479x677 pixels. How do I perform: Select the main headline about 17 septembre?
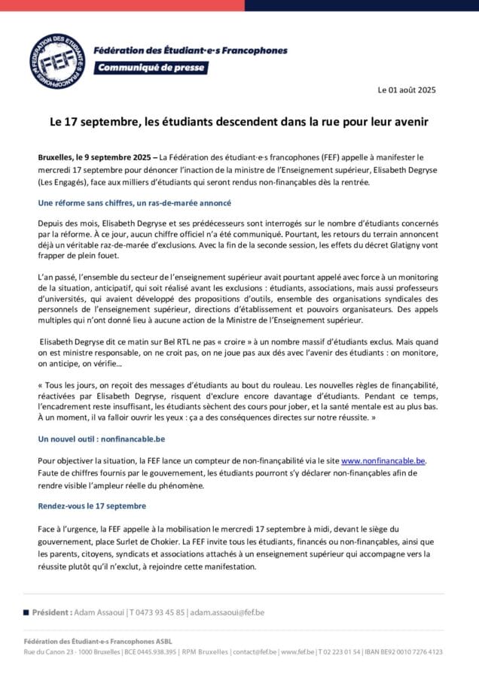point(239,120)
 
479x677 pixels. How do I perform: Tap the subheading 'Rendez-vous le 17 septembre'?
point(92,505)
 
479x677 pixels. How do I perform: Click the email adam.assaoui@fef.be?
point(227,612)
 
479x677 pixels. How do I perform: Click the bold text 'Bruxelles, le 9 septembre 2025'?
point(93,158)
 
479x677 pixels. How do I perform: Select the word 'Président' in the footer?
point(53,612)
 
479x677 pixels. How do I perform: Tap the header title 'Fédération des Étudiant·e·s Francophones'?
point(190,50)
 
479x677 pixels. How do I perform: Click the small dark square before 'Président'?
point(26,612)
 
